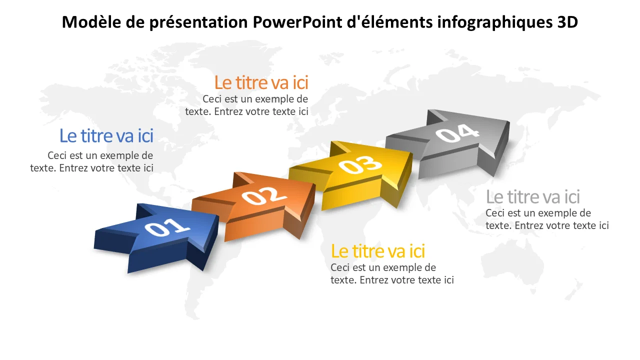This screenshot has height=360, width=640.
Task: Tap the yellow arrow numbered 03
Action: coord(354,175)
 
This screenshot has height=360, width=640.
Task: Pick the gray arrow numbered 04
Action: coord(451,143)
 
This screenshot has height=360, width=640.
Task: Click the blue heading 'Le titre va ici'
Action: coord(106,135)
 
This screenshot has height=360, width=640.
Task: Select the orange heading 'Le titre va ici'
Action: coord(261,83)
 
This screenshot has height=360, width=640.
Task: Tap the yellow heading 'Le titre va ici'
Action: coord(378,251)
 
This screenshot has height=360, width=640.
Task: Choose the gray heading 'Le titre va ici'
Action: coord(533,197)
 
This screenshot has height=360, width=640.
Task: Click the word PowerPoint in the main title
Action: coord(297,22)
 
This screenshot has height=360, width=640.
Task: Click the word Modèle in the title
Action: coord(91,22)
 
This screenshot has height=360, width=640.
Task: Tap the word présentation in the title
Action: coord(198,23)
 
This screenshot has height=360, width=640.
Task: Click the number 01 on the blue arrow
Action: coord(167,227)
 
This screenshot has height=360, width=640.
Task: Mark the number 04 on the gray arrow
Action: coord(458,133)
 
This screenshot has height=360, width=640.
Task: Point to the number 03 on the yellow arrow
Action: coord(360,165)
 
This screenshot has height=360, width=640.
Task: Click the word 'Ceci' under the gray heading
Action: coord(495,213)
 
